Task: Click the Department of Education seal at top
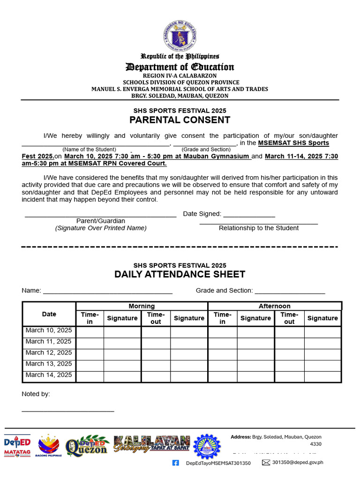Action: coord(180,35)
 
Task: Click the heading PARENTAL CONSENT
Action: coord(180,120)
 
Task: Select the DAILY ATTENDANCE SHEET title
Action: coord(180,275)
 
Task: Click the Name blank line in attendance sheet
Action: coord(108,292)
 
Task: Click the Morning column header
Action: coord(142,306)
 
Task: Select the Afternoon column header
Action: coord(275,306)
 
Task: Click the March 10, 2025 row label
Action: coord(49,330)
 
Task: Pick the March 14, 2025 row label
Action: coord(49,375)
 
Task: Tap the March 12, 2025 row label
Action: coord(49,353)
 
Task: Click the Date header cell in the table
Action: coord(49,314)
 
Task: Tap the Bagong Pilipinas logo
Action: coord(48,446)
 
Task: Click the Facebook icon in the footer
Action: coord(176,463)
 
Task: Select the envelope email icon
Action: coord(266,463)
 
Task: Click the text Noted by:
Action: coord(36,394)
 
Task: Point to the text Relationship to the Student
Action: coord(259,228)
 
